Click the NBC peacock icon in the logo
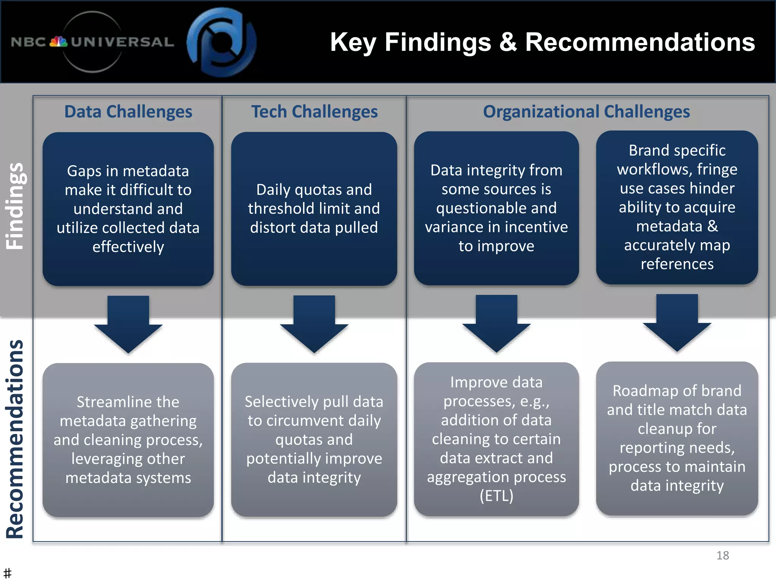(x=59, y=42)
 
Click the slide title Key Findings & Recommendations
(x=542, y=42)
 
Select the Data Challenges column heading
(x=128, y=112)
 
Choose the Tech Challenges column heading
(x=314, y=112)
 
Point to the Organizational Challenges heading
(x=586, y=112)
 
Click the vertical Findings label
(x=15, y=206)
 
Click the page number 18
(x=722, y=555)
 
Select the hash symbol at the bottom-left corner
(x=7, y=573)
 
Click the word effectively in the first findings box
(x=128, y=247)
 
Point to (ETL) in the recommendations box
(x=496, y=496)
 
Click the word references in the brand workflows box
(x=677, y=264)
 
